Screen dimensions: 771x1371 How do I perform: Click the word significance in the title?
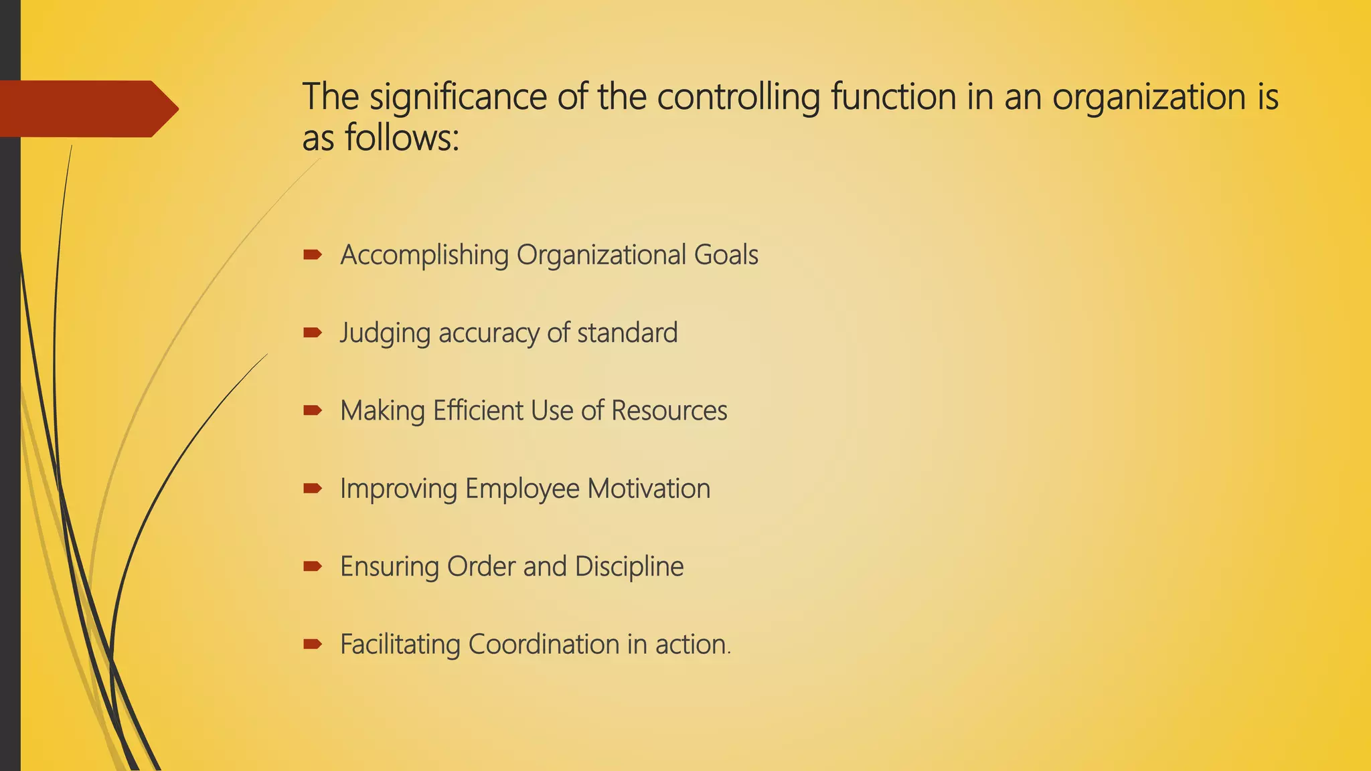pyautogui.click(x=458, y=97)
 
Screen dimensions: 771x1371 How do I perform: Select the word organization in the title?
pyautogui.click(x=1149, y=97)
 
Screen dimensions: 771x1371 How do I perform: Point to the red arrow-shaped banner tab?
pyautogui.click(x=87, y=108)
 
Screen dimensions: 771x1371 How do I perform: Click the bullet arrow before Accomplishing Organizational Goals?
pyautogui.click(x=312, y=254)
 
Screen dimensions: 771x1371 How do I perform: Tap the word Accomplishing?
pyautogui.click(x=424, y=256)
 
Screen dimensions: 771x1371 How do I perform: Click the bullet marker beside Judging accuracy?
pyautogui.click(x=312, y=332)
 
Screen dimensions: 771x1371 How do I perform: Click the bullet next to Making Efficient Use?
pyautogui.click(x=312, y=410)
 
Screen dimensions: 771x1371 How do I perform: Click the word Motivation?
pyautogui.click(x=649, y=489)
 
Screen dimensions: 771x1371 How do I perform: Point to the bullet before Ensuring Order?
pyautogui.click(x=312, y=566)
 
